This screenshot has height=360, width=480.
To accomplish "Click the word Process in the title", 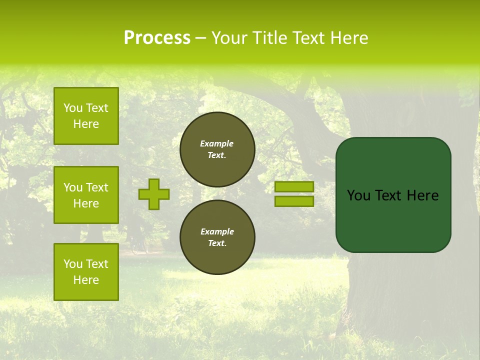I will (157, 38).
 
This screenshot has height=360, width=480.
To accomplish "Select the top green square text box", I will (86, 116).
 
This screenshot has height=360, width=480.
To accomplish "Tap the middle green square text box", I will (86, 195).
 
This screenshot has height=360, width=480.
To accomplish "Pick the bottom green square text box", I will (86, 272).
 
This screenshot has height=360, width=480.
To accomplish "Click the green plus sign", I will (154, 194).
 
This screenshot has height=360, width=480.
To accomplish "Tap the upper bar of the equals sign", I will (294, 186).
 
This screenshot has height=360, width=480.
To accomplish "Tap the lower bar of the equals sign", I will (294, 201).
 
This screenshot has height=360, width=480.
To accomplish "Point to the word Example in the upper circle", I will (217, 143).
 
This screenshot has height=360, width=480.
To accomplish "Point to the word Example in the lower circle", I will (217, 231).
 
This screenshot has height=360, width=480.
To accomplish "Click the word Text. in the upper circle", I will (217, 155).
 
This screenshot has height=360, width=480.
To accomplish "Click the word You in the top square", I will (73, 108).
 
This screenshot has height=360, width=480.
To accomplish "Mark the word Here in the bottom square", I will (86, 280).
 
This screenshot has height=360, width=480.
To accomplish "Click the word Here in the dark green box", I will (422, 195).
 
